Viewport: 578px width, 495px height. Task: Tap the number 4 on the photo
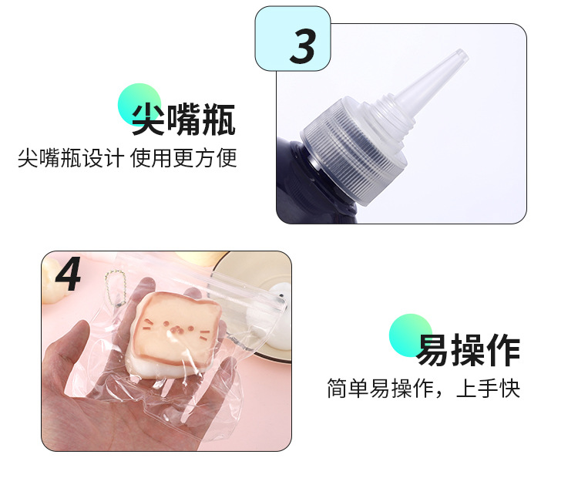pyautogui.click(x=69, y=274)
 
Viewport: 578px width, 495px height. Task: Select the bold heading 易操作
pyautogui.click(x=469, y=350)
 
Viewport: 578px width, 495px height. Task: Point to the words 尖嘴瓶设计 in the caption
pyautogui.click(x=70, y=159)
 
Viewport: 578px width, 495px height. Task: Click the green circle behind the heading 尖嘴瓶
pyautogui.click(x=139, y=103)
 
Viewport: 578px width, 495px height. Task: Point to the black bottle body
pyautogui.click(x=297, y=189)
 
